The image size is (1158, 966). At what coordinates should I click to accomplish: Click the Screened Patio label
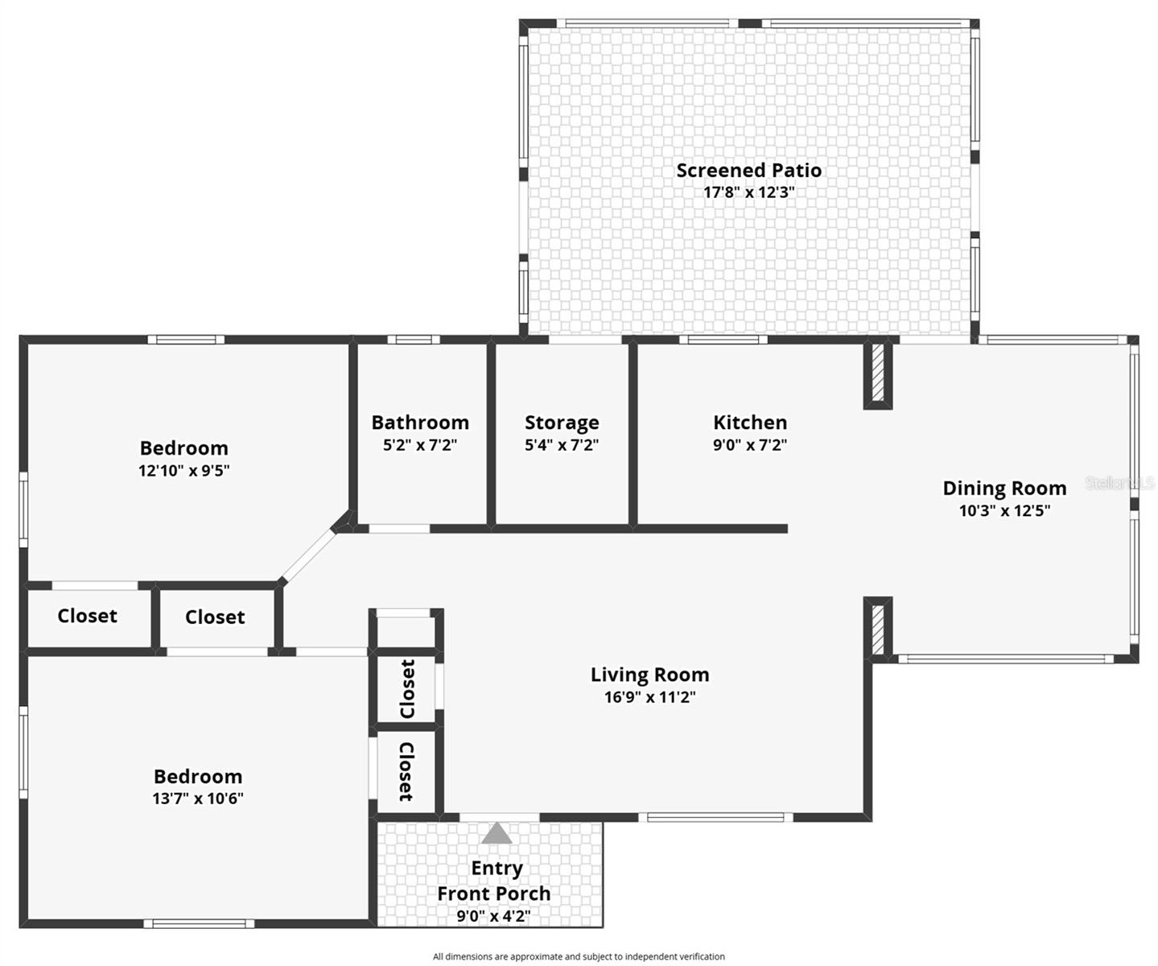point(748,170)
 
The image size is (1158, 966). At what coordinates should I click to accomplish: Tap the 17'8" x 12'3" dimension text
point(748,192)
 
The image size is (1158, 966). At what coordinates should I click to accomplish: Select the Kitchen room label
point(750,422)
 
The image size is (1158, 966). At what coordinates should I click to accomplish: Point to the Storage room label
point(562,423)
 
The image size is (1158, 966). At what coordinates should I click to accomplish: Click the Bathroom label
point(420,423)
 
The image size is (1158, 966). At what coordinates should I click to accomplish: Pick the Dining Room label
point(1004,488)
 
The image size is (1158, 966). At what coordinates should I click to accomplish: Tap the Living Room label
point(649,675)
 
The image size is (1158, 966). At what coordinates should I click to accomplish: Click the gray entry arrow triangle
point(497,833)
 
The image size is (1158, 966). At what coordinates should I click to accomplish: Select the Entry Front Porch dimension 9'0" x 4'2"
point(493,915)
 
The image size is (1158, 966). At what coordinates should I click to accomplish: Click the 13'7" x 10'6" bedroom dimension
point(198,799)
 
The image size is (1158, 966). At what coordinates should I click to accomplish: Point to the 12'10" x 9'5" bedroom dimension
point(184,470)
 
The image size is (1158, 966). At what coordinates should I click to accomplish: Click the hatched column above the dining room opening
point(878,374)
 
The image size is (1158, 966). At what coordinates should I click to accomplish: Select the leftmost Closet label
point(87,616)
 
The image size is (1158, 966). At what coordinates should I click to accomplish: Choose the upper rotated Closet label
point(407,689)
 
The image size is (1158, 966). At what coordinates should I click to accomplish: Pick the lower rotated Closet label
point(406,771)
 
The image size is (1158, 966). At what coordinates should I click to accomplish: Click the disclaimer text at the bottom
point(579,956)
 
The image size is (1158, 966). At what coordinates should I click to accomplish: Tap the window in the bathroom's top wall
point(414,340)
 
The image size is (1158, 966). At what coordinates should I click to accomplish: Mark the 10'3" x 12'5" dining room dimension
point(1004,510)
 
